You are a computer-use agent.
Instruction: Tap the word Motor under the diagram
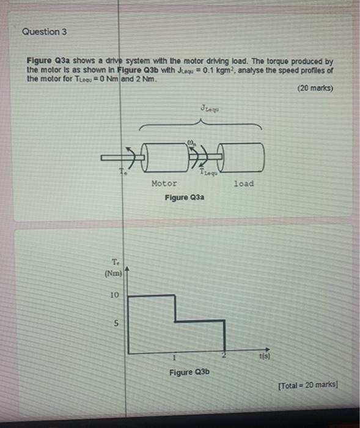pos(164,183)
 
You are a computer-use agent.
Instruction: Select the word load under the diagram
pos(243,183)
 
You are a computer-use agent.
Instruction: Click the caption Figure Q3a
pos(184,197)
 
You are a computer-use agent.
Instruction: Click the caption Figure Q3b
pos(189,372)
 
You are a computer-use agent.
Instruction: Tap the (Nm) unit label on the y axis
pos(114,273)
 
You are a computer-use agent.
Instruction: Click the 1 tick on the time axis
pos(175,357)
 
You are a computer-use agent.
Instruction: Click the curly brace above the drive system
pos(202,125)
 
